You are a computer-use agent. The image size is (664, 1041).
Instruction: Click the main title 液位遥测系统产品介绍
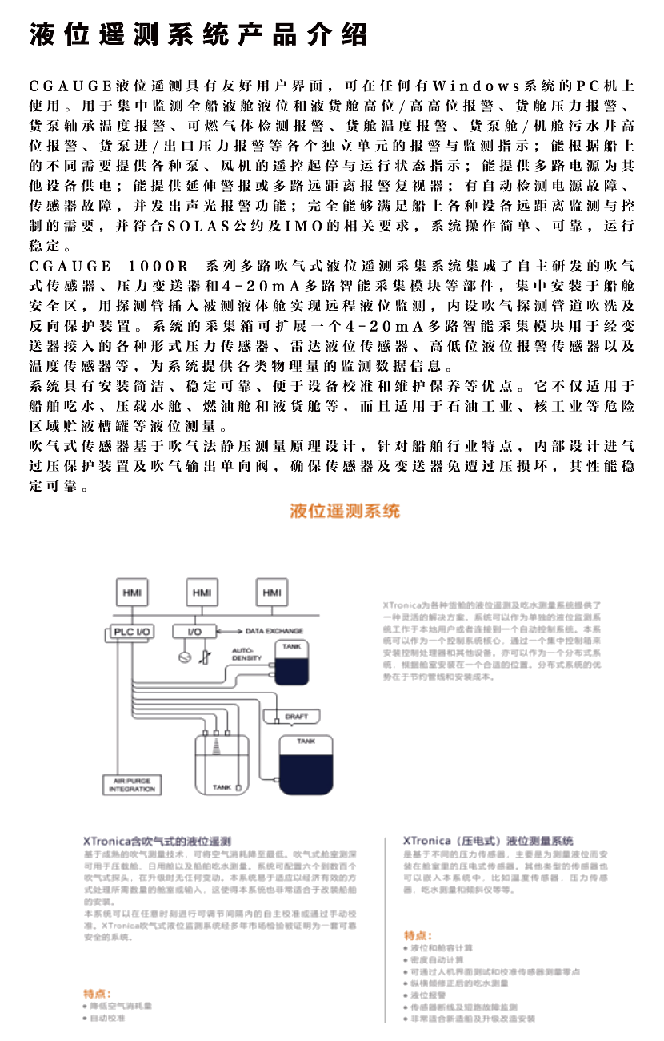198,34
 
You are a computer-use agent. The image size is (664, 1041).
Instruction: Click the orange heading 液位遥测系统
345,511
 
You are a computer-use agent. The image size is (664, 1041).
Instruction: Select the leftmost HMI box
131,592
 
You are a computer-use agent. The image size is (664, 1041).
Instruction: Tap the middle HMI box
202,592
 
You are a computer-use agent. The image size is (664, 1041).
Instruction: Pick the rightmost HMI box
271,592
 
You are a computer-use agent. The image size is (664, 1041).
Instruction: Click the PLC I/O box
131,632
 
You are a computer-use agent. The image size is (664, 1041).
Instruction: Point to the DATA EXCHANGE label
274,631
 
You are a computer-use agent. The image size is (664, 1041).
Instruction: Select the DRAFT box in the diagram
296,716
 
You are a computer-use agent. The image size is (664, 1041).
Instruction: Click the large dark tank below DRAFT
306,765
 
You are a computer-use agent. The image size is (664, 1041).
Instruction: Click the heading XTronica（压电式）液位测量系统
488,841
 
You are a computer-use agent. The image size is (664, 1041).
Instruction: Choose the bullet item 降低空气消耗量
120,1005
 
